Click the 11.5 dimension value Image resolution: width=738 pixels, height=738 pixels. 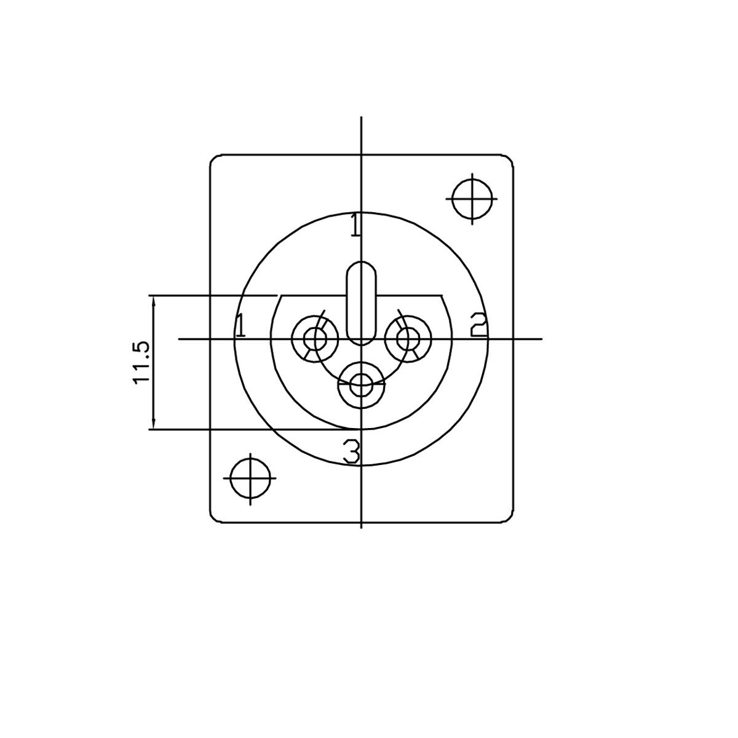tap(141, 362)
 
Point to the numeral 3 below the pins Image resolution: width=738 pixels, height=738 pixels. tap(352, 451)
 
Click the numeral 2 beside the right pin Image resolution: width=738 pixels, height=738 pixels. tap(478, 325)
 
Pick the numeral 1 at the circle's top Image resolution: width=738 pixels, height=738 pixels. tap(356, 224)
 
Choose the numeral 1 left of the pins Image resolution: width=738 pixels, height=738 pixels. tap(240, 325)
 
